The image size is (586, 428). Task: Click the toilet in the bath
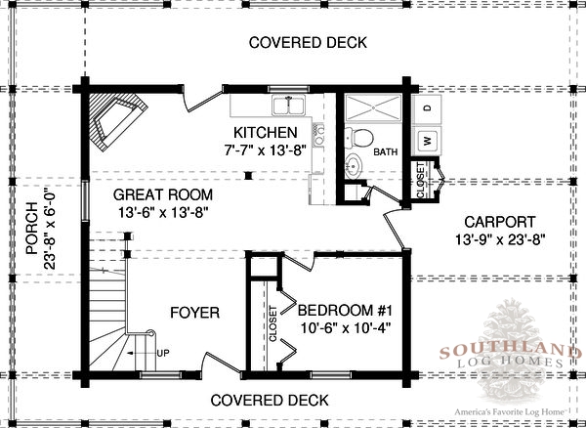359,137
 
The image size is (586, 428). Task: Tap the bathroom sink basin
354,165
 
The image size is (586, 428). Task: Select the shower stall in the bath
373,108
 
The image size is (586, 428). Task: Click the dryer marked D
428,108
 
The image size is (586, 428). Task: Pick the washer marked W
428,140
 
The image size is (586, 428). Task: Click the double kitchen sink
289,105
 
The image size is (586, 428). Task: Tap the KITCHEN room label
266,133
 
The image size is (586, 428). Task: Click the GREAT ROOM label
163,194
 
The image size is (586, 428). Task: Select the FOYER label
194,313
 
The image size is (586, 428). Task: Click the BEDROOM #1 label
345,311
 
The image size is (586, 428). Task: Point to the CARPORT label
500,222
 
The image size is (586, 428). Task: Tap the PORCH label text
32,229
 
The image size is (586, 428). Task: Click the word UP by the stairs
163,353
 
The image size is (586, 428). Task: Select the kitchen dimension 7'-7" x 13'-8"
266,150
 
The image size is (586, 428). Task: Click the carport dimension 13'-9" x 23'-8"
500,239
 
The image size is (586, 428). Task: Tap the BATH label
386,152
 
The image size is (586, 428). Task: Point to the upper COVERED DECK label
308,43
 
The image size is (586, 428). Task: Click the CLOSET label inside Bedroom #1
273,323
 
